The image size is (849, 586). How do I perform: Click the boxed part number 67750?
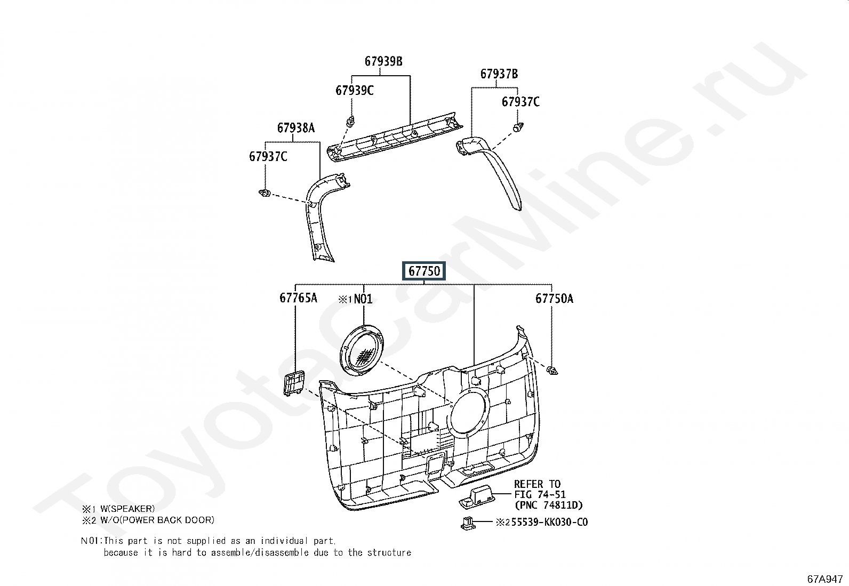coord(424,271)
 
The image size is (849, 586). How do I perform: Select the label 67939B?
coord(383,61)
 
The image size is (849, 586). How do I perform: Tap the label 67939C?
coord(354,91)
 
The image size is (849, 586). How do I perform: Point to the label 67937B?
coord(499,74)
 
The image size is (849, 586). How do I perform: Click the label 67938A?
coord(295,128)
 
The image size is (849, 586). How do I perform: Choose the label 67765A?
coord(298,298)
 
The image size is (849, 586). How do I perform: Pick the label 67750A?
coord(554,299)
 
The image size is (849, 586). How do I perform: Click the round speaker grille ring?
coord(362,352)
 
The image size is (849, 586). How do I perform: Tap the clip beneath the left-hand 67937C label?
coord(263,192)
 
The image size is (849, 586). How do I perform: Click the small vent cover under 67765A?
coord(293,382)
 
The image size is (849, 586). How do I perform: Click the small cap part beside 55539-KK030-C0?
coord(467,524)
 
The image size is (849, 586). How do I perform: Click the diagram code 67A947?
coord(824,578)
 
